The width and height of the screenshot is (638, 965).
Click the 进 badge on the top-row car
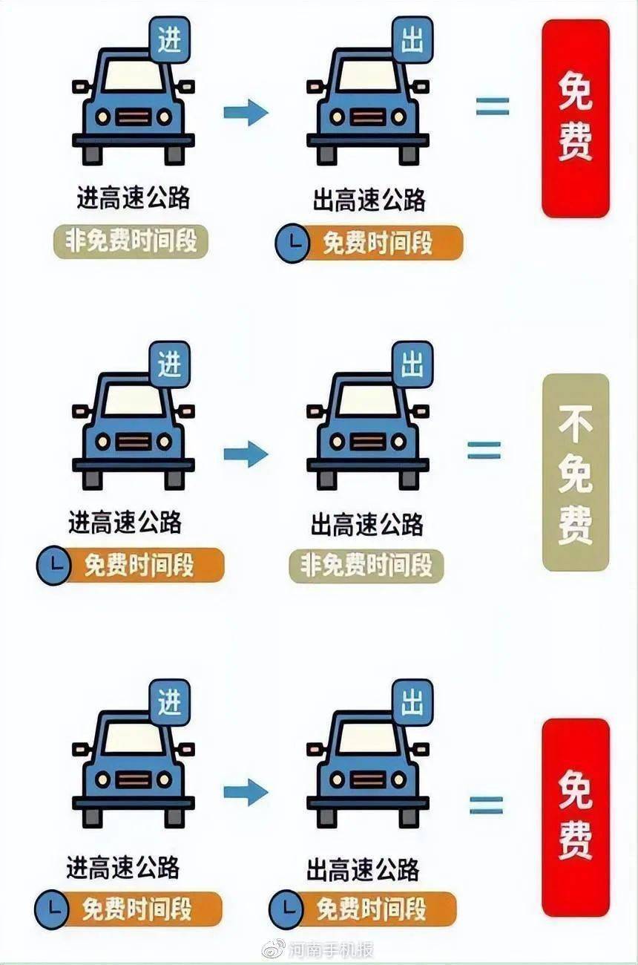tap(170, 40)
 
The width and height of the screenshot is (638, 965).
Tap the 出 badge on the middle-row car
tap(412, 364)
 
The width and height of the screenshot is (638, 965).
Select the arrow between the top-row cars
tap(246, 113)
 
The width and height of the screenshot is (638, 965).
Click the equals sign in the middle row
tap(484, 450)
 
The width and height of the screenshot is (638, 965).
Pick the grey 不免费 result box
tap(576, 473)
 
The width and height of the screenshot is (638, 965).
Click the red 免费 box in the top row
tap(576, 119)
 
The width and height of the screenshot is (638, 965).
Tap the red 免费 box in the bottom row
tap(576, 818)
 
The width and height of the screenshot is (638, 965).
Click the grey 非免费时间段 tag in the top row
tap(131, 242)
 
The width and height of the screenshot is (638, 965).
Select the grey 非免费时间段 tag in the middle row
tap(366, 566)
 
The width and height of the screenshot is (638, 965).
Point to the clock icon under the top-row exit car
tap(292, 243)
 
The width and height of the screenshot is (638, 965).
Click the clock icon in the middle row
tap(53, 565)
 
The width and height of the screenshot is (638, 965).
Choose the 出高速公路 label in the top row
tap(369, 200)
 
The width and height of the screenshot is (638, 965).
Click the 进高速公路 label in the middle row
tap(125, 523)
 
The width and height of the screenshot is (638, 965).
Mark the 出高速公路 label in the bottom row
tap(363, 869)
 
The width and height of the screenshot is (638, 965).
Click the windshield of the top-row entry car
tap(134, 76)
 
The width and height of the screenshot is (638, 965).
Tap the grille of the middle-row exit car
tap(368, 442)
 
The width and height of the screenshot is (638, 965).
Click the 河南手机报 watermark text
tap(331, 949)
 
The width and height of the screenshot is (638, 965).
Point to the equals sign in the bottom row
tap(487, 805)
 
